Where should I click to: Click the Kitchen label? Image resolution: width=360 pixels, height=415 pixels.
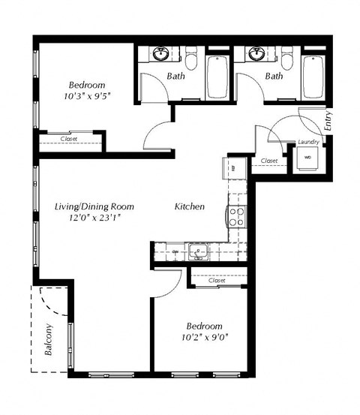[x=190, y=206]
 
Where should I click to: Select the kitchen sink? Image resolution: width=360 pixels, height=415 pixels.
[x=199, y=251]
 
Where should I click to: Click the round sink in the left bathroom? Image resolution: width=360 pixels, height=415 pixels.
[x=160, y=55]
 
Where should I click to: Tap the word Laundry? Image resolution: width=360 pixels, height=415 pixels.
[x=308, y=143]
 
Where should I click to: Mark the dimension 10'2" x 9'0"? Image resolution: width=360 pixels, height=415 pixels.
[x=205, y=338]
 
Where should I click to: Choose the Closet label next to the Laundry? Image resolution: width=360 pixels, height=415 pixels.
[x=270, y=161]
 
